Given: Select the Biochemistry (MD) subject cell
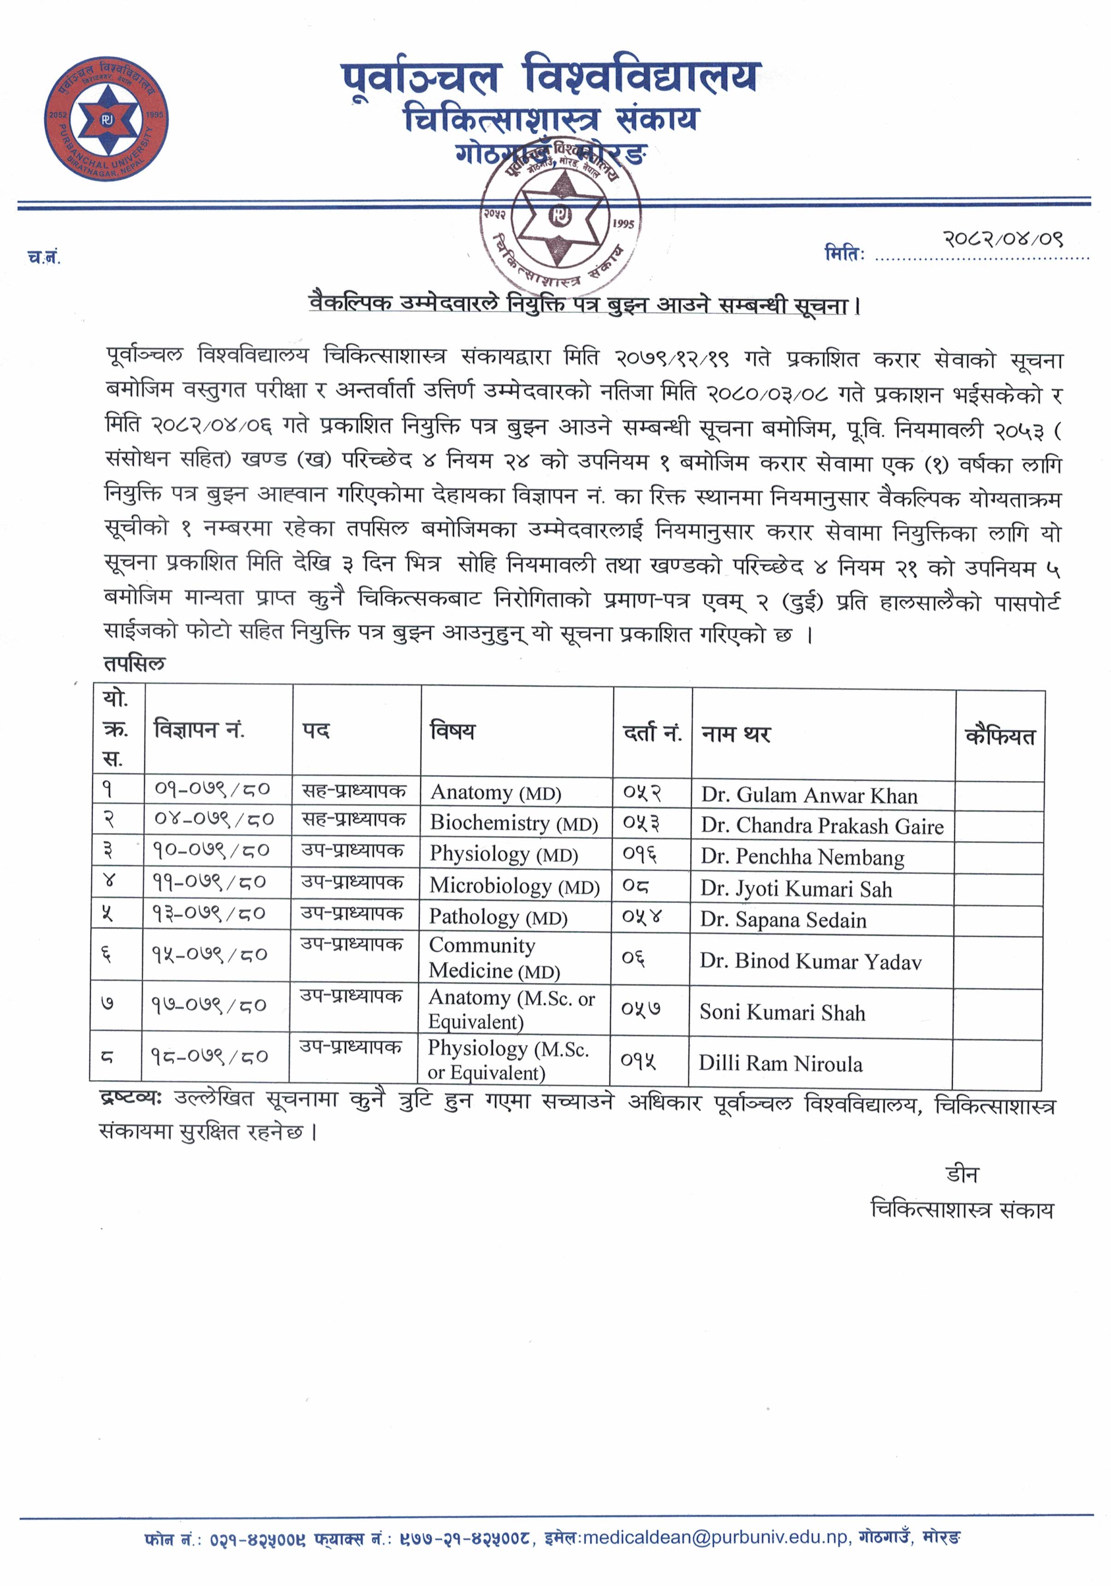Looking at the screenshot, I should click(x=514, y=823).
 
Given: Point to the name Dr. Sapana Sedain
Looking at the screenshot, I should click(x=783, y=920).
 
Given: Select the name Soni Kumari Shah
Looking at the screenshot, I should click(x=782, y=1013).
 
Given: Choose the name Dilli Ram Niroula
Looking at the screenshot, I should click(x=780, y=1064).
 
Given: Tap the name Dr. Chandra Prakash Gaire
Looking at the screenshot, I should click(x=822, y=826).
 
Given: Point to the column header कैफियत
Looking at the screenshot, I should click(x=1000, y=737).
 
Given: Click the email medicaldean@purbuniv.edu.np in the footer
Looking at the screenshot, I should click(x=715, y=1537).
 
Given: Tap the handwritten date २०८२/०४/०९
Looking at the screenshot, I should click(x=1003, y=239).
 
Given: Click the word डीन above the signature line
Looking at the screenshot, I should click(x=961, y=1174).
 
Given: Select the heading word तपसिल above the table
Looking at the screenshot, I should click(x=135, y=664).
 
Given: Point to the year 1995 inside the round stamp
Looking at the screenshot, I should click(x=622, y=224).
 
